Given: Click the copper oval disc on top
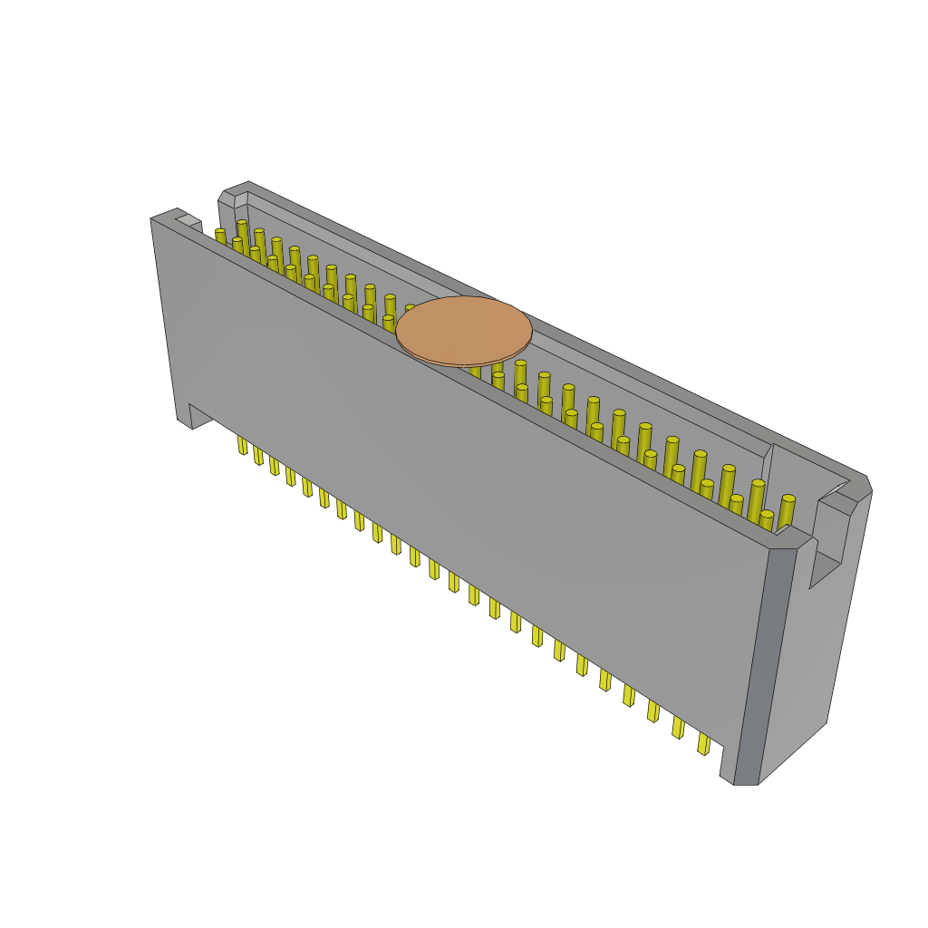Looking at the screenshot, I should pos(464,330).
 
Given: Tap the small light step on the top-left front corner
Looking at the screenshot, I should pos(188,220).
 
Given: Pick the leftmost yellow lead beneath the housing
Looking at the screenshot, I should pos(242,444).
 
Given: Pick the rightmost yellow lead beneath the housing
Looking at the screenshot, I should pos(703,743).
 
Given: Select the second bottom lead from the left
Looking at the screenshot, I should pos(258,455).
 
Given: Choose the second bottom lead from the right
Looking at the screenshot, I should pos(678,727).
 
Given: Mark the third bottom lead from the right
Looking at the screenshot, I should pos(653,710).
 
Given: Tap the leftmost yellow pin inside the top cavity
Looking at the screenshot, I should pos(220,237).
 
